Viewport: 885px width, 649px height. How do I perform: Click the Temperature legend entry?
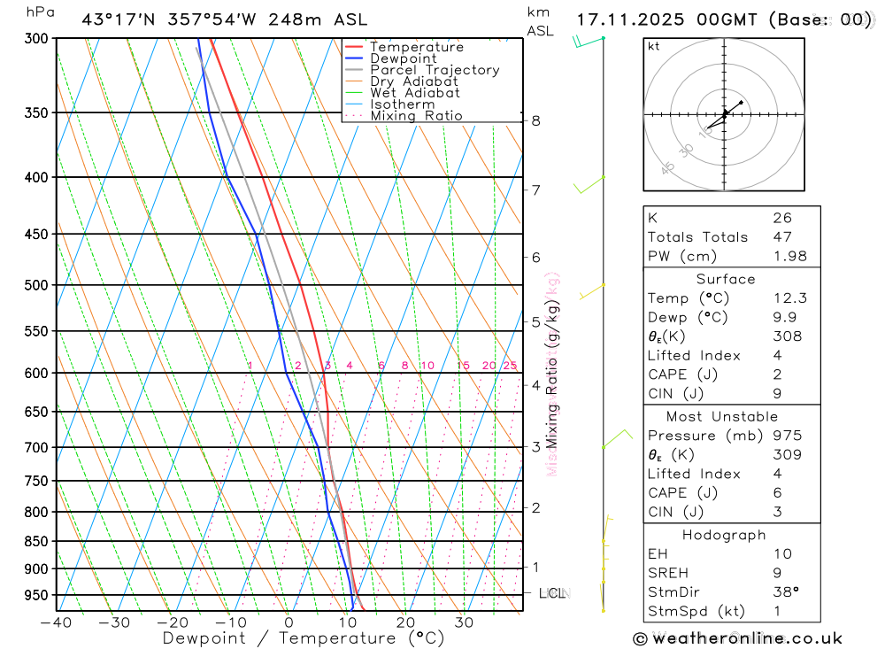[x=416, y=47]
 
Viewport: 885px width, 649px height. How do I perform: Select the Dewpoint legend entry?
[x=403, y=58]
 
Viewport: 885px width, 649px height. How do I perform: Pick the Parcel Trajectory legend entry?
[x=434, y=70]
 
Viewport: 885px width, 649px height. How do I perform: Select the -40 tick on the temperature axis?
[x=56, y=622]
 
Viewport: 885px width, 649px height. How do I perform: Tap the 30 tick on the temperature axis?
[x=464, y=622]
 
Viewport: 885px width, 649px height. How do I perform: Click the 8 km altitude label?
[x=535, y=120]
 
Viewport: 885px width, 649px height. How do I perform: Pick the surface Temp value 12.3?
[x=789, y=298]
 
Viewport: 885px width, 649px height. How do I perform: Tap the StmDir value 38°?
[x=783, y=591]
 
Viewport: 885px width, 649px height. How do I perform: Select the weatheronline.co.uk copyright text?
[x=737, y=638]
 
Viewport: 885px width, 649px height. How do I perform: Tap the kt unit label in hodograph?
[x=653, y=46]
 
